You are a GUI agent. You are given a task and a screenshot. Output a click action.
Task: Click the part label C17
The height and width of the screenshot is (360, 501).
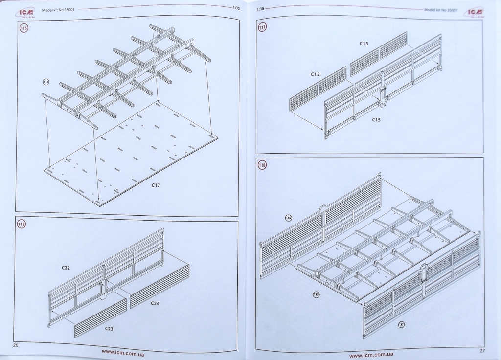pos(156,185)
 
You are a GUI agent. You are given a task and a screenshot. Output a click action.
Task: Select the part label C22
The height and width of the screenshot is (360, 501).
pos(66,268)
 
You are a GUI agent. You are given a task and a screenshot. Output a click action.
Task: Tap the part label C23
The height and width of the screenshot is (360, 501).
pos(109,329)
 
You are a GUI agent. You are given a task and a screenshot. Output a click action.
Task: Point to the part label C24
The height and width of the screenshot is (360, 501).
pos(155,303)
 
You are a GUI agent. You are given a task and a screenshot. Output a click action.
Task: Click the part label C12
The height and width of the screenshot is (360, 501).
pos(315,74)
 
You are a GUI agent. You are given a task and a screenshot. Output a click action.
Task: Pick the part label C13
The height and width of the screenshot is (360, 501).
pos(364,44)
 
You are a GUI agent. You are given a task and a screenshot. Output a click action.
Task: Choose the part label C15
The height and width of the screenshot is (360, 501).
pos(376,119)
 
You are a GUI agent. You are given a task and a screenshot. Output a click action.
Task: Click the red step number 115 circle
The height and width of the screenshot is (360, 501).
pos(23,28)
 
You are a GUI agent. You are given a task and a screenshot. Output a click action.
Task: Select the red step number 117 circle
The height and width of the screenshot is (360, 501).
pos(263,27)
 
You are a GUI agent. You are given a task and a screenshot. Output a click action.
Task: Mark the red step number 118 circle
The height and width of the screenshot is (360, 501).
pos(263,165)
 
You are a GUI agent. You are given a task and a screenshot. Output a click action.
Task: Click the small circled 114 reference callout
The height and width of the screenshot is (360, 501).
pos(46,82)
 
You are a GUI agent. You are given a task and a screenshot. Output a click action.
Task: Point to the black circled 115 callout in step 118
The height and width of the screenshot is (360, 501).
pos(316,294)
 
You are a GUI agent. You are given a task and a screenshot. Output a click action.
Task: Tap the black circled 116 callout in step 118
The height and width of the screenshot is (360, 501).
pos(288,218)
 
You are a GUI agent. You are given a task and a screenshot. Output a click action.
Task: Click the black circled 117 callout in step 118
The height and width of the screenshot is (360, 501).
pos(401,324)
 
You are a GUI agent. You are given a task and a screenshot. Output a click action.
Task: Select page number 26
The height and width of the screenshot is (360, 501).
pos(16,345)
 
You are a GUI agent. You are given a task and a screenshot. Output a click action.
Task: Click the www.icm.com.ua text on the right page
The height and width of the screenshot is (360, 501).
pos(372,355)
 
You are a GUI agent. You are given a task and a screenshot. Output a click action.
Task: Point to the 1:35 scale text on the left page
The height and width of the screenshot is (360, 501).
pos(236,7)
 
